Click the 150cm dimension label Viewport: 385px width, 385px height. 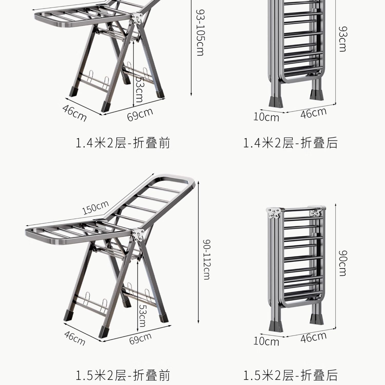pos(96,207)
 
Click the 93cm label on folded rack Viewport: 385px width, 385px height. pos(342,39)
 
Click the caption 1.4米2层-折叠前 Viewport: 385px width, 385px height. pos(123,143)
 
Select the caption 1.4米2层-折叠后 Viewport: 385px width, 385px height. pos(290,143)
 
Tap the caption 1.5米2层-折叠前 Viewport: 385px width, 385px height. pos(123,375)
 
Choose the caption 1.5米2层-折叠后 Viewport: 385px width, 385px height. pos(290,375)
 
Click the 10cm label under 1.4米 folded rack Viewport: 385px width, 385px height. pos(266,117)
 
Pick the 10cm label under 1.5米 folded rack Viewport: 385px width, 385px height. pos(266,341)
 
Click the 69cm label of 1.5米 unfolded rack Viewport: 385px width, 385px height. pos(140,339)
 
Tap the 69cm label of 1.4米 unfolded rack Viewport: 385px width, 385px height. pos(140,114)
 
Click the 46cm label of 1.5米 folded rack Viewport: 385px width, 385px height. pos(313,337)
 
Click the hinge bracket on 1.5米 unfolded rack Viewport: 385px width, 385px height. pos(138,236)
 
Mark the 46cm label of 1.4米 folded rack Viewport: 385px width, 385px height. pos(313,113)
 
